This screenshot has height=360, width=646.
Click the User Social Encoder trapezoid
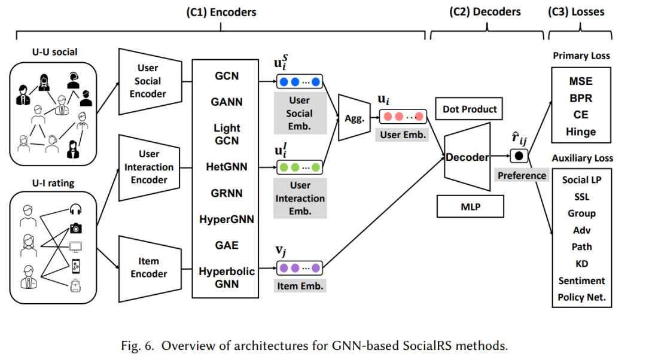coord(150,81)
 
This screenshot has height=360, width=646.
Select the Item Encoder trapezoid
coord(150,269)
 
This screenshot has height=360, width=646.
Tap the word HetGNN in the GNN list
coord(227,167)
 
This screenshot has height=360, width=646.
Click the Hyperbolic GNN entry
coord(227,277)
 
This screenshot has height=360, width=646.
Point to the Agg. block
coord(354,118)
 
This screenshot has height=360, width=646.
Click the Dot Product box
coord(470,109)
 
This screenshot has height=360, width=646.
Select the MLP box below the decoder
coord(470,206)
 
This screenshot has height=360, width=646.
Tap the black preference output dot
coord(519,156)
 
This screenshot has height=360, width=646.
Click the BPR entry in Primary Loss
coord(581,99)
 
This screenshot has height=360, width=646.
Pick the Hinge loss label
coord(581,132)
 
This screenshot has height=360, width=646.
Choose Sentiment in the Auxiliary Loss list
coord(582,280)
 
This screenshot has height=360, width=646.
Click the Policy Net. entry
coord(582,297)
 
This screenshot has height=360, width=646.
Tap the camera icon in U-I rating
coord(75,228)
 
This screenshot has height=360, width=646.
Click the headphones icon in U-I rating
coord(75,209)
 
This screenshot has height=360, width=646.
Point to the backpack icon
coord(75,285)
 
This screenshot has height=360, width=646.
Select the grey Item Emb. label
coord(300,286)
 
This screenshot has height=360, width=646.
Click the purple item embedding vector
coord(300,268)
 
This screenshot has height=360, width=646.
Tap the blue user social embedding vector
coord(300,81)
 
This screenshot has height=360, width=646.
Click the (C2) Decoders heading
coord(485,11)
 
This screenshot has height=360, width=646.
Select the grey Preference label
coord(522,175)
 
